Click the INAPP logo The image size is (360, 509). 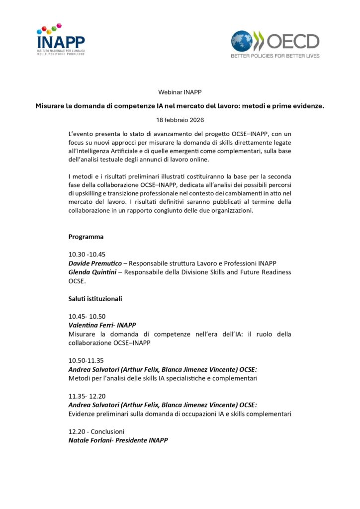pos(60,39)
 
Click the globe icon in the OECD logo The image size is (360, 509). pos(241,41)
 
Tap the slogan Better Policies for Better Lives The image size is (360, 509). pos(274,56)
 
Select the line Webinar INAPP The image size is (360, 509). pos(180,92)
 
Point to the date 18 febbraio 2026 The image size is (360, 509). pos(180,120)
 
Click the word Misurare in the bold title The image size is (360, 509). pos(52,106)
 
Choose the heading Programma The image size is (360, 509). pos(86,237)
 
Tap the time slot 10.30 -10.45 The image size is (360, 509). pos(87,254)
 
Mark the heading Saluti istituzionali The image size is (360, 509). pos(95,299)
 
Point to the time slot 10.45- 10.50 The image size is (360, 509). pos(87,316)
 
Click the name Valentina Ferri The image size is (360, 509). pos(89,325)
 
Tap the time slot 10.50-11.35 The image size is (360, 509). pos(86,360)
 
